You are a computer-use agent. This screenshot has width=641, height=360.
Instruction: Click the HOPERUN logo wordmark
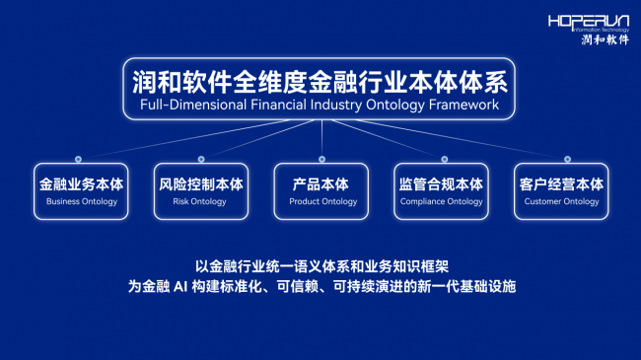[x=589, y=22]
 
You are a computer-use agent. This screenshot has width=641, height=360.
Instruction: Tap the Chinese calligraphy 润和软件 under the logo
[x=605, y=39]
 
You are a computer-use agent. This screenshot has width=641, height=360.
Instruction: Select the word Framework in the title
[x=464, y=105]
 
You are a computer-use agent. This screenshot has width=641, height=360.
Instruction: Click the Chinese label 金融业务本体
[x=81, y=184]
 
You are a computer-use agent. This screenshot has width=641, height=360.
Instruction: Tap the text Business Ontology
[x=82, y=201]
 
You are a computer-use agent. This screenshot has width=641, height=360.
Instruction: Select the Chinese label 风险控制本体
[x=201, y=184]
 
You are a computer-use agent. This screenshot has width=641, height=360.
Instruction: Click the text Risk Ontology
[x=199, y=201]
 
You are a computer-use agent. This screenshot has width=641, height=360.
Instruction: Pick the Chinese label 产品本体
[x=320, y=184]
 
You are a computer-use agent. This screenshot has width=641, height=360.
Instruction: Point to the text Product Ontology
[x=322, y=201]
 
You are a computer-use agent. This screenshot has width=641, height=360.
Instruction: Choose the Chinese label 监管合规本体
[x=441, y=184]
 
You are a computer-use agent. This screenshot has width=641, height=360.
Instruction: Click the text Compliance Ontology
[x=442, y=201]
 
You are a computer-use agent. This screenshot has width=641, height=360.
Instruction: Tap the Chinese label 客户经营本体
[x=561, y=184]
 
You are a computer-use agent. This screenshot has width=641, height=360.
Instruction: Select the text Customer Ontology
[x=562, y=201]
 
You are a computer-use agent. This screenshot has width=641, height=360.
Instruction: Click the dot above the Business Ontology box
[x=78, y=159]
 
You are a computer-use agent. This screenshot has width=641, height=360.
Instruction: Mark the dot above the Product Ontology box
[x=322, y=159]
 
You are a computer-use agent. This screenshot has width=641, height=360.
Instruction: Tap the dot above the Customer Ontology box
[x=567, y=159]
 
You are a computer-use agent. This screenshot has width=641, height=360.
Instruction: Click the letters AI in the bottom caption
[x=180, y=286]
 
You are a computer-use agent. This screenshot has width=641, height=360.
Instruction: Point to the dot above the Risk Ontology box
[x=201, y=159]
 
